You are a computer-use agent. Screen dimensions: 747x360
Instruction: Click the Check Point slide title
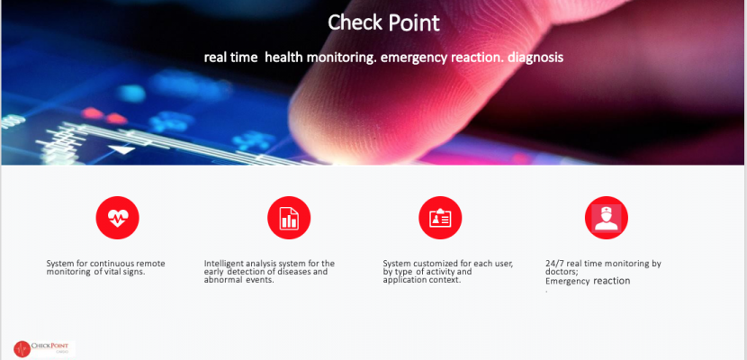(383, 22)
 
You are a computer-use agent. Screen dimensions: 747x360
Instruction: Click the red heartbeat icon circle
(117, 218)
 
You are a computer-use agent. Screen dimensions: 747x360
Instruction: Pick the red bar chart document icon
(289, 218)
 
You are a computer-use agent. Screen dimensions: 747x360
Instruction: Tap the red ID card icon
(440, 218)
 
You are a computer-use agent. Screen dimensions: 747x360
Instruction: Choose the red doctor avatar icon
(607, 218)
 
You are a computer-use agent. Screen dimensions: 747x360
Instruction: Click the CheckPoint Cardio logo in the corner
(43, 348)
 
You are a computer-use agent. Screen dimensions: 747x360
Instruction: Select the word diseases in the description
(294, 272)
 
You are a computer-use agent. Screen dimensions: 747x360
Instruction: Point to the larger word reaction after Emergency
(612, 281)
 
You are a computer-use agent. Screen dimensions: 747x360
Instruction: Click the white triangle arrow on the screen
(122, 149)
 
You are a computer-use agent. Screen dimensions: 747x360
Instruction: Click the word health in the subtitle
(284, 58)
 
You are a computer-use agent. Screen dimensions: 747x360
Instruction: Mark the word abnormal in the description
(224, 280)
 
